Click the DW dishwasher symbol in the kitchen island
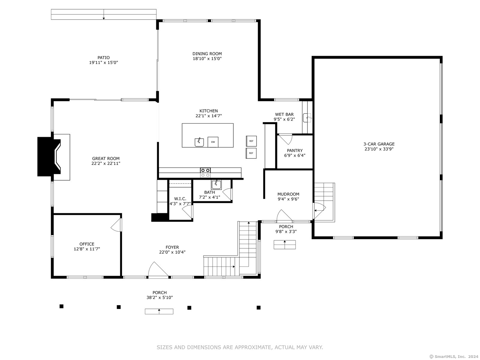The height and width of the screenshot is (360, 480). click(213, 142)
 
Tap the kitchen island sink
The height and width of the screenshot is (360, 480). click(199, 142)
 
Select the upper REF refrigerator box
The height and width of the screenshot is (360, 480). click(251, 141)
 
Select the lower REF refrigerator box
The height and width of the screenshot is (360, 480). click(251, 153)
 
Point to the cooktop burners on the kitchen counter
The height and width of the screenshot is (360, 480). click(205, 172)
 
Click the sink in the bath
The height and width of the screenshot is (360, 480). click(216, 185)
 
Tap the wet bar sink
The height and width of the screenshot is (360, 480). click(307, 118)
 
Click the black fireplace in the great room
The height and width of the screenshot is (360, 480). click(49, 157)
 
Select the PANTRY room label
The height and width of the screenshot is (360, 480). click(295, 150)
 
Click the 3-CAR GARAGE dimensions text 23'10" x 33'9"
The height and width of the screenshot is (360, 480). click(379, 149)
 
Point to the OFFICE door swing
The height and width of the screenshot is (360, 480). click(116, 225)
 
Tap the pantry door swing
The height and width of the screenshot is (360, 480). click(286, 139)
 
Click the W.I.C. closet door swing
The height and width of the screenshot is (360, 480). click(187, 211)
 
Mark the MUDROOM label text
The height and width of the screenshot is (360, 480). click(288, 194)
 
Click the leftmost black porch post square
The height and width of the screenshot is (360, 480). click(61, 306)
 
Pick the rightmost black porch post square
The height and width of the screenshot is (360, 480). click(259, 307)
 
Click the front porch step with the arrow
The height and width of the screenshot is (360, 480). click(159, 311)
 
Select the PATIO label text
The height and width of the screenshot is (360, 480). click(103, 58)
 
